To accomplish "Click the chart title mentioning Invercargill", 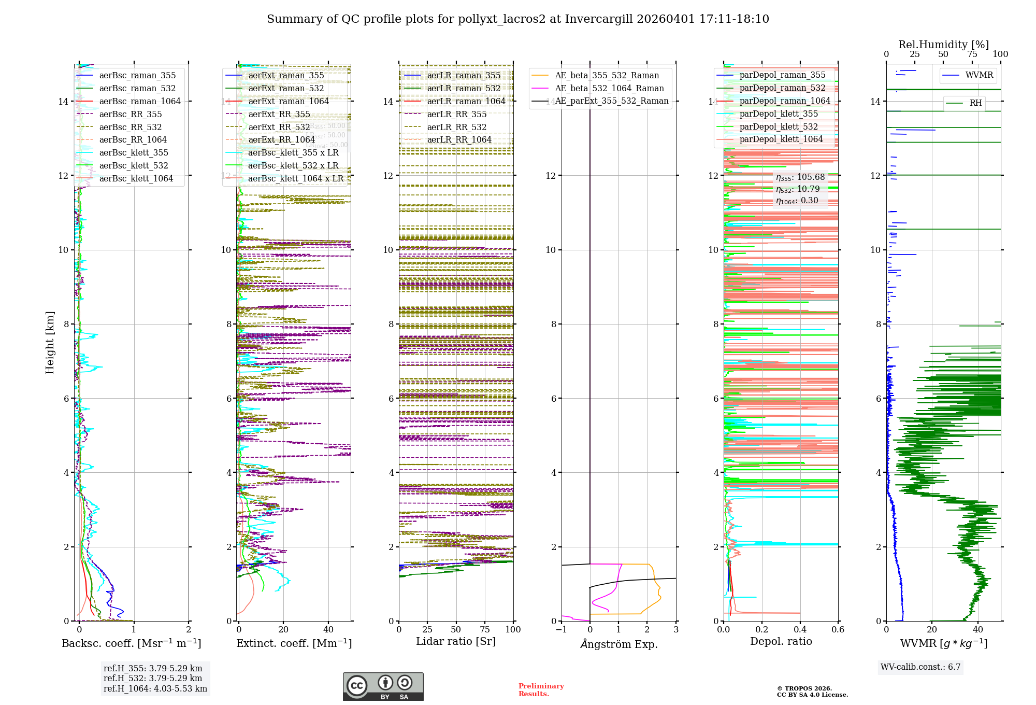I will pyautogui.click(x=517, y=19).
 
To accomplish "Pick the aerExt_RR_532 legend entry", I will pyautogui.click(x=279, y=127).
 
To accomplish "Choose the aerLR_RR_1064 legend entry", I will pyautogui.click(x=459, y=139).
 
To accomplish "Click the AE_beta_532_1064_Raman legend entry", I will pyautogui.click(x=609, y=88).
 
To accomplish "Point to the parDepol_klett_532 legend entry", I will pyautogui.click(x=779, y=126).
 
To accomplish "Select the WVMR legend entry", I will pyautogui.click(x=979, y=75).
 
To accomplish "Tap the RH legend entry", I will pyautogui.click(x=975, y=103).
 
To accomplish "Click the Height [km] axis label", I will pyautogui.click(x=50, y=343).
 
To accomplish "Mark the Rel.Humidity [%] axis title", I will pyautogui.click(x=943, y=45).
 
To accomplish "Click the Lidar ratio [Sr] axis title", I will pyautogui.click(x=456, y=641).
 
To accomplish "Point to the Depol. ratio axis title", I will pyautogui.click(x=781, y=641).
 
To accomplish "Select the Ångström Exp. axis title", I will pyautogui.click(x=618, y=644).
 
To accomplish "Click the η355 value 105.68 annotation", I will pyautogui.click(x=800, y=177).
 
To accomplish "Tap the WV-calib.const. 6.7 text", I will pyautogui.click(x=920, y=667).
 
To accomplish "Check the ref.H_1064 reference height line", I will pyautogui.click(x=155, y=688).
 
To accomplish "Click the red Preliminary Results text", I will pyautogui.click(x=541, y=689).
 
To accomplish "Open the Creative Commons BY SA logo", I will pyautogui.click(x=383, y=686).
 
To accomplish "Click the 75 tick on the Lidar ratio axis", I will pyautogui.click(x=485, y=629).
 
